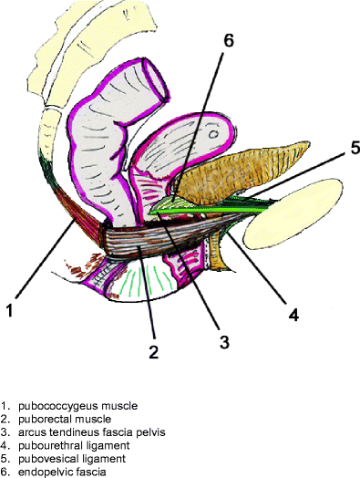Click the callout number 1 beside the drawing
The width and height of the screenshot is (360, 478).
pyautogui.click(x=9, y=310)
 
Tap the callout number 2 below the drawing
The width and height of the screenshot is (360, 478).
pyautogui.click(x=154, y=351)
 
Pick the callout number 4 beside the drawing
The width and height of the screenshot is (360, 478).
pyautogui.click(x=293, y=316)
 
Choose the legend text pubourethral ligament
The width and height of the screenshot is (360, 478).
pyautogui.click(x=67, y=444)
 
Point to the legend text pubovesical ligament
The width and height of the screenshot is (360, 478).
pyautogui.click(x=67, y=458)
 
